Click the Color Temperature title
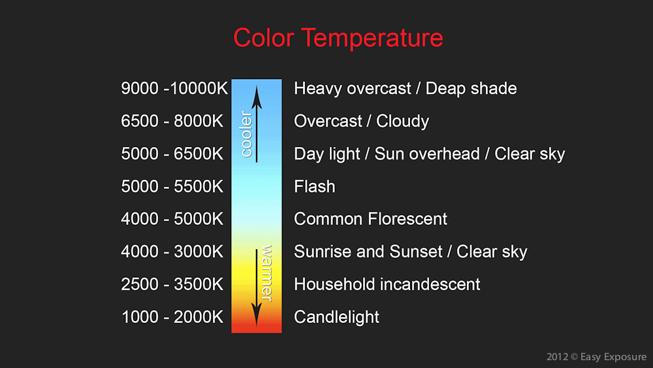(338, 37)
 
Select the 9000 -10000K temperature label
(174, 89)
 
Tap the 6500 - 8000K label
(172, 122)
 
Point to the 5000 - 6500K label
(172, 154)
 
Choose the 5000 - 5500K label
(172, 187)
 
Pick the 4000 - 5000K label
(172, 220)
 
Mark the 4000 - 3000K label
(172, 252)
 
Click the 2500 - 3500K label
(172, 285)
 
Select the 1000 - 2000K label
(172, 318)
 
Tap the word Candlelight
(336, 318)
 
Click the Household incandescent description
(387, 285)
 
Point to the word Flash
(315, 187)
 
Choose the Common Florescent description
(371, 220)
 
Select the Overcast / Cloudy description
(362, 122)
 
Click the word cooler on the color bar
(246, 135)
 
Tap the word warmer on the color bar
(266, 273)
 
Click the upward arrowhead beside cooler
(257, 95)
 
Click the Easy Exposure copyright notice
(596, 357)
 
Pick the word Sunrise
(322, 252)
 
